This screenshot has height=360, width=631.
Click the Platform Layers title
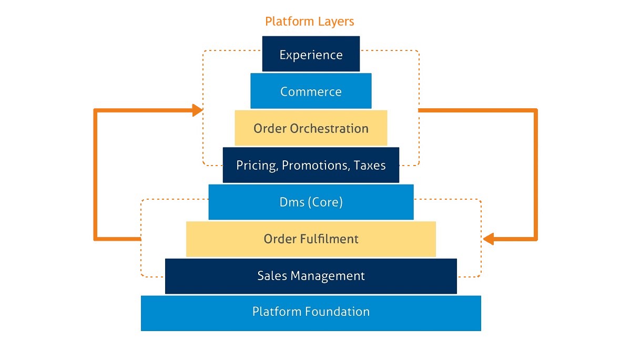click(x=309, y=22)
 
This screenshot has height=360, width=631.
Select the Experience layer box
click(x=311, y=54)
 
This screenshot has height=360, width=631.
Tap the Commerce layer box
click(x=311, y=91)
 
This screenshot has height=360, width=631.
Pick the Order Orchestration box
click(x=311, y=128)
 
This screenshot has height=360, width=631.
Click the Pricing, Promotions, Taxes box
click(x=311, y=165)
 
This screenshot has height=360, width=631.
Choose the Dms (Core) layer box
click(x=311, y=202)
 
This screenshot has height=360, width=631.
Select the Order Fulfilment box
click(x=311, y=239)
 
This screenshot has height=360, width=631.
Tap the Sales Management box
click(x=311, y=276)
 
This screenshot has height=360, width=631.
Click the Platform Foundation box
click(x=311, y=312)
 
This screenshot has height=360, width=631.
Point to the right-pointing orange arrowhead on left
click(x=197, y=110)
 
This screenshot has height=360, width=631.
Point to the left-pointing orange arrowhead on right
click(x=488, y=239)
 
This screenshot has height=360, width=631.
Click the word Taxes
click(x=369, y=166)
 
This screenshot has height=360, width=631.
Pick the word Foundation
click(x=337, y=312)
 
